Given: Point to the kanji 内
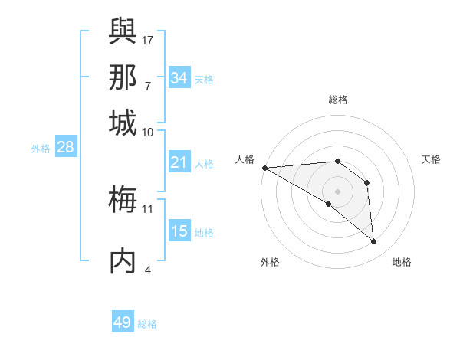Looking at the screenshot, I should point(123,261).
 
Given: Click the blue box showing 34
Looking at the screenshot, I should point(179,78).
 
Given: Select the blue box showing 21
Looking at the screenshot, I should point(179,162).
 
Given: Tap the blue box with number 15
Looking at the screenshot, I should point(179,231).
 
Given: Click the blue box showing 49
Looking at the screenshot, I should point(123,322).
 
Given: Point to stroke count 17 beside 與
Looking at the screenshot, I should point(148,39).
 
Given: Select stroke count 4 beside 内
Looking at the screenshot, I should point(148,270).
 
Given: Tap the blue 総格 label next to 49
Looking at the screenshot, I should point(147,324).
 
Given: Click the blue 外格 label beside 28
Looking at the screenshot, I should point(41,149).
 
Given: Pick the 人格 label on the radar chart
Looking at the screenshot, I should point(245,159).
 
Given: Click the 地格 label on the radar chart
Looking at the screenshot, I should point(402,263).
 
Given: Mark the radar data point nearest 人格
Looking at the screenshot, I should point(264,167).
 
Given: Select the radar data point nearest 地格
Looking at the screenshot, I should point(374,242).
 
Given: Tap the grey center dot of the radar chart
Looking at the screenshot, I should point(337,191).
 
